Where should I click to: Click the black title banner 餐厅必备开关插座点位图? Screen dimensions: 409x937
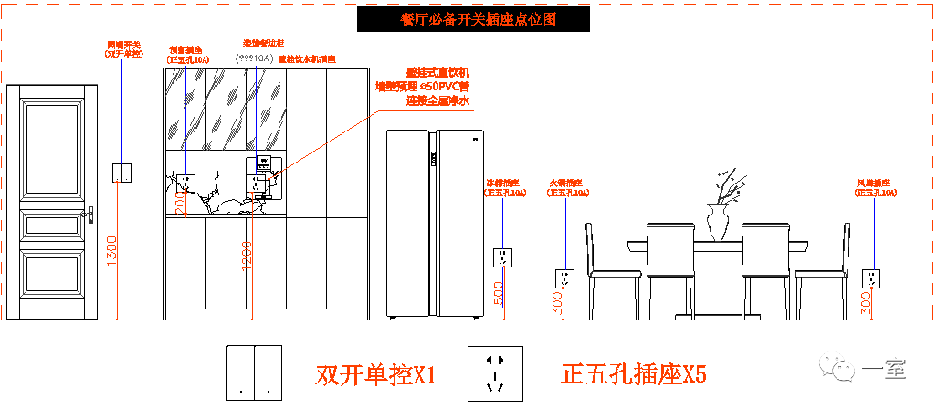[x=473, y=19]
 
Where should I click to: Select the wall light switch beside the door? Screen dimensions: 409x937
[x=121, y=172]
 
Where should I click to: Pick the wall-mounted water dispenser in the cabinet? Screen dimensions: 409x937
[x=261, y=176]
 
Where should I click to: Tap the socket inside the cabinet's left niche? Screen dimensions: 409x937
[x=185, y=182]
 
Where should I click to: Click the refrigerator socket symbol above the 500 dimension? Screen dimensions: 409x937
[x=503, y=257]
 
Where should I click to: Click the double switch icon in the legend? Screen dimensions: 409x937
[x=254, y=372]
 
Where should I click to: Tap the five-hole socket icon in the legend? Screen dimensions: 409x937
[x=496, y=372]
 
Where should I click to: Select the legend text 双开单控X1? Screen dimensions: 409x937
[x=376, y=374]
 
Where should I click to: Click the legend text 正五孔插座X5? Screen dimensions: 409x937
[x=633, y=374]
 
